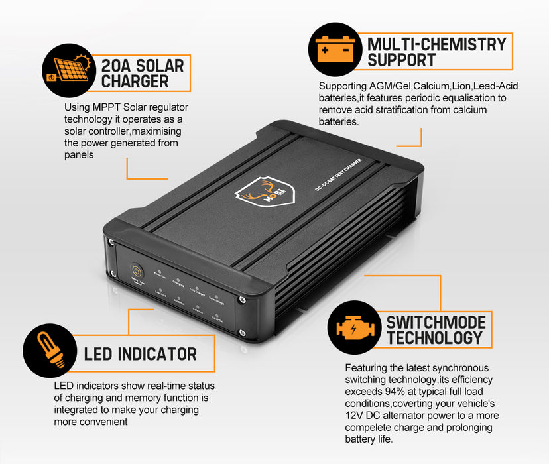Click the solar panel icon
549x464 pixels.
coord(66,73)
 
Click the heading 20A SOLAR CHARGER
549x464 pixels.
coord(141,73)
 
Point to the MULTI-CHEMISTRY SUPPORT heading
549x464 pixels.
coord(436,52)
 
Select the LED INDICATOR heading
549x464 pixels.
coord(140,353)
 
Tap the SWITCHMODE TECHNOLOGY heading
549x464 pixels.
coord(436,330)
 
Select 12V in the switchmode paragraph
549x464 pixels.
coord(355,415)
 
